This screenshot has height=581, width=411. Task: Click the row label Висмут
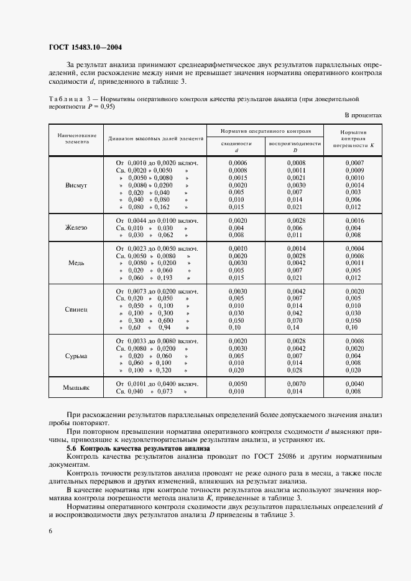click(76, 185)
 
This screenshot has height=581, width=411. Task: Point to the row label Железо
click(76, 228)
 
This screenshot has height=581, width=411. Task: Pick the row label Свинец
click(76, 309)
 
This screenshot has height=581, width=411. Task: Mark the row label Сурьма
click(76, 356)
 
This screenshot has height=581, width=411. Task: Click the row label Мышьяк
click(76, 388)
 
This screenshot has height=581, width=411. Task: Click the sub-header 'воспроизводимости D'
click(295, 146)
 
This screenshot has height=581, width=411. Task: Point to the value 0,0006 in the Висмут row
click(238, 162)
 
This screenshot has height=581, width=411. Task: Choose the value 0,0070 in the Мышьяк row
click(295, 384)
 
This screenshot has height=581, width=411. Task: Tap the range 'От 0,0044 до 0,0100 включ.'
click(157, 220)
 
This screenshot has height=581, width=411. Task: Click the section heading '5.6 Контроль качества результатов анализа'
click(138, 448)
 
